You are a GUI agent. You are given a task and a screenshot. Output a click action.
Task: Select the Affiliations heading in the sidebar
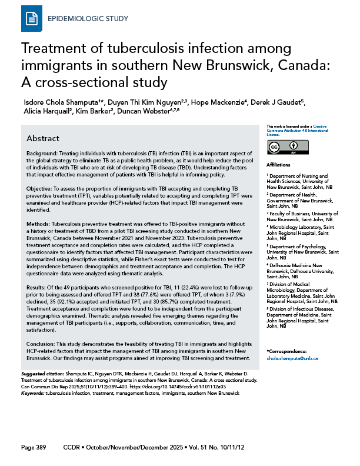point(278,165)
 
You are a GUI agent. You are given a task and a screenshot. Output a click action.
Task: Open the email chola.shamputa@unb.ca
point(292,358)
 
